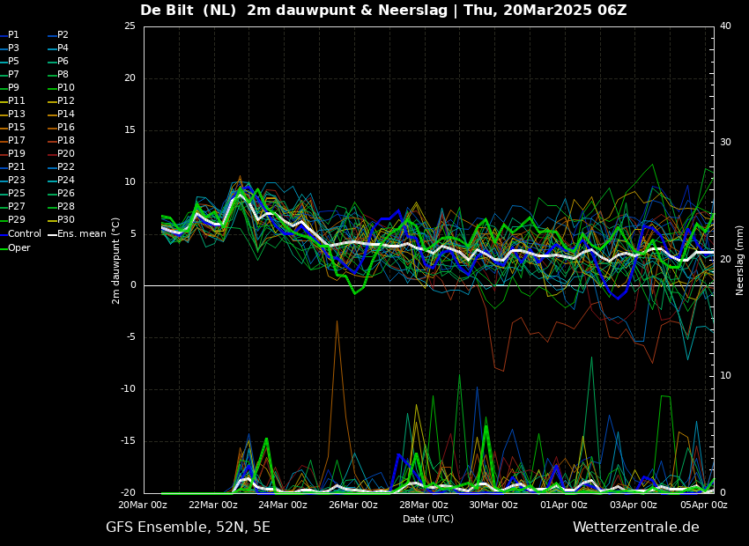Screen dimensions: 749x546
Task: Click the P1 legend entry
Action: click(x=10, y=35)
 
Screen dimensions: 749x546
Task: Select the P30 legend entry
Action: click(x=61, y=219)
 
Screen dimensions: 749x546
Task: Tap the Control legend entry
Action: click(x=20, y=234)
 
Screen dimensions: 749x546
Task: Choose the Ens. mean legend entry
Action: click(x=78, y=234)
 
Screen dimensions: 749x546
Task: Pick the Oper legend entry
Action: click(x=15, y=247)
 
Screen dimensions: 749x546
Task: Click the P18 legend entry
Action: click(x=61, y=140)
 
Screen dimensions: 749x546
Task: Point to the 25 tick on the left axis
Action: click(x=130, y=26)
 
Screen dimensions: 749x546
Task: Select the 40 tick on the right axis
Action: click(x=725, y=26)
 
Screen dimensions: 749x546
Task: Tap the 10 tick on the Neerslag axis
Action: click(x=725, y=376)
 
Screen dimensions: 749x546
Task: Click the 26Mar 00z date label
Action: click(x=354, y=505)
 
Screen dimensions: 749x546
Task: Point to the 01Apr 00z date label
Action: click(x=564, y=505)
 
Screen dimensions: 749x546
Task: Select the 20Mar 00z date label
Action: click(x=144, y=505)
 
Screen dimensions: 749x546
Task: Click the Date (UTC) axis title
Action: click(x=428, y=519)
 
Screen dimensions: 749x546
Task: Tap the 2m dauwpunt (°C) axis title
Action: click(x=115, y=261)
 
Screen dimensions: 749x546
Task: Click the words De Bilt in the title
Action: click(x=167, y=10)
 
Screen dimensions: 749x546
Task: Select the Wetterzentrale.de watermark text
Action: click(x=636, y=528)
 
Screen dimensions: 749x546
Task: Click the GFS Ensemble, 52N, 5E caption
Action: click(x=188, y=528)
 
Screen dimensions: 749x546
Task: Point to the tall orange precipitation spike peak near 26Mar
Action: click(x=337, y=321)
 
